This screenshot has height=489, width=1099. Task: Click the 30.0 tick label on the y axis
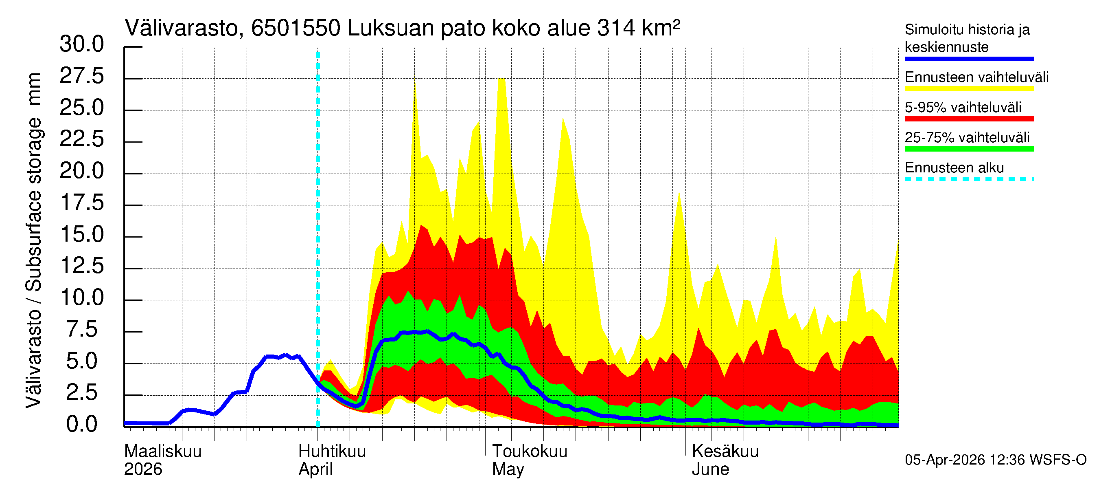[81, 44]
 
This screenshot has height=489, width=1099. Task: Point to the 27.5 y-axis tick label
[81, 77]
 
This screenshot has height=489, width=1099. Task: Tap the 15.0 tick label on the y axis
[81, 234]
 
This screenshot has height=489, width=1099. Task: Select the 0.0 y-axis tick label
[81, 425]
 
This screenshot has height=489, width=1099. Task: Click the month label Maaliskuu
[162, 452]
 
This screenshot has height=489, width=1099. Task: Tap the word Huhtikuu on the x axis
[332, 452]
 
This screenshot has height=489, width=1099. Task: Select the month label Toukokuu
[530, 452]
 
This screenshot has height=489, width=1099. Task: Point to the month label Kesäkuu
[725, 452]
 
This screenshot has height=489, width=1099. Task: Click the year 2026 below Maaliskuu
[143, 469]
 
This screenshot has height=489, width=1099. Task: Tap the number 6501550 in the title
[295, 29]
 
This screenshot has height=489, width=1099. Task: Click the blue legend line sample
[969, 59]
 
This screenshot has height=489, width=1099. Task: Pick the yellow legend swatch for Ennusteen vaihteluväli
[969, 89]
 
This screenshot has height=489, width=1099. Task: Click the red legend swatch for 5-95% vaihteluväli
[969, 119]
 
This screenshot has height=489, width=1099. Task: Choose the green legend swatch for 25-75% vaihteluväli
[969, 149]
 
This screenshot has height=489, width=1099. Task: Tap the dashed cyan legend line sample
[969, 179]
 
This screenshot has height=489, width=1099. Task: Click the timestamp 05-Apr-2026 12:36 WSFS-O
[995, 460]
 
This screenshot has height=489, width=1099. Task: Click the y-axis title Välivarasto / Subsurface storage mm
[34, 240]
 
